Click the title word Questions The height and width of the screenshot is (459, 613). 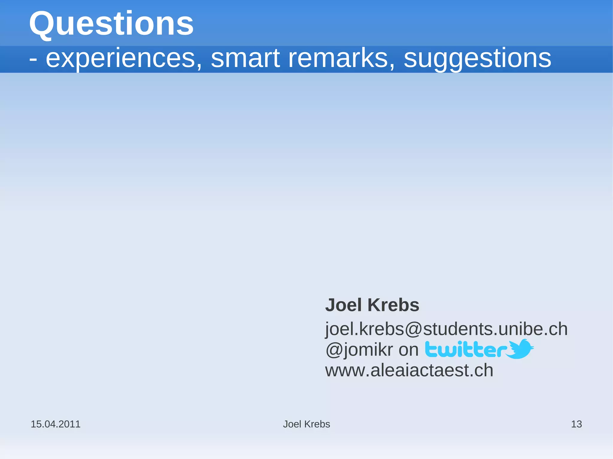pyautogui.click(x=111, y=24)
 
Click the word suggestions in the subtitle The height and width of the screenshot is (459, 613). pyautogui.click(x=477, y=58)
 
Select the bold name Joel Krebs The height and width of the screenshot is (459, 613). pyautogui.click(x=372, y=305)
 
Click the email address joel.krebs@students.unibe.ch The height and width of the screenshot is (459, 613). pyautogui.click(x=446, y=329)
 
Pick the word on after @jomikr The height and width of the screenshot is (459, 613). pyautogui.click(x=408, y=350)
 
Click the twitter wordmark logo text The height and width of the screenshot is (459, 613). pyautogui.click(x=466, y=350)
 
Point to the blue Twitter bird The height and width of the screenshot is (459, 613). pyautogui.click(x=521, y=349)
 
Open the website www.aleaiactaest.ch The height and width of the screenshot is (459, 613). pyautogui.click(x=409, y=370)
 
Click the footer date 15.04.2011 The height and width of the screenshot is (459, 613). pyautogui.click(x=56, y=424)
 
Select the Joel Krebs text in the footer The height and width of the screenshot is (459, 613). pyautogui.click(x=306, y=424)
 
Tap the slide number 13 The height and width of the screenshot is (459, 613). pyautogui.click(x=576, y=424)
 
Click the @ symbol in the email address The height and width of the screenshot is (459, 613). pyautogui.click(x=413, y=329)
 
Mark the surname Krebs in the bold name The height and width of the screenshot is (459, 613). pyautogui.click(x=393, y=305)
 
